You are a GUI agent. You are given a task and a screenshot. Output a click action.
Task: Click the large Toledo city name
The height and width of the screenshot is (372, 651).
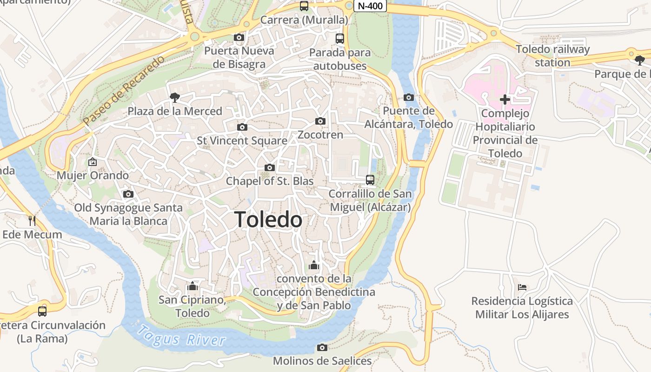268,219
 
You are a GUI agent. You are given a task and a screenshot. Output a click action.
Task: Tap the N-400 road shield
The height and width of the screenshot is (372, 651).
370,6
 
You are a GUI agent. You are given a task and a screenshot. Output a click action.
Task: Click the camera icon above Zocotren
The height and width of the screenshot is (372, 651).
320,121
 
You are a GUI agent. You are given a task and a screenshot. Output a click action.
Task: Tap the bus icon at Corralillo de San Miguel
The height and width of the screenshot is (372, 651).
370,179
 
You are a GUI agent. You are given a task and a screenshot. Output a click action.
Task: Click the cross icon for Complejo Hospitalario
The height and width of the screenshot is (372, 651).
505,99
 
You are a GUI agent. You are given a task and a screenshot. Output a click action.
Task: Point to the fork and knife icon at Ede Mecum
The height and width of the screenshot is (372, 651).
32,220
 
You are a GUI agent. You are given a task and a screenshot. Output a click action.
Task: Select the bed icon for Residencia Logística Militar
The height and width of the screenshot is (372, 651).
522,287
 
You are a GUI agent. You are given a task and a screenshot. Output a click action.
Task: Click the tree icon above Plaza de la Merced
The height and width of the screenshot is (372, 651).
175,97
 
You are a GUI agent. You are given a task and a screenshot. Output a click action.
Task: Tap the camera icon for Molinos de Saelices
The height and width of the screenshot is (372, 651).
322,347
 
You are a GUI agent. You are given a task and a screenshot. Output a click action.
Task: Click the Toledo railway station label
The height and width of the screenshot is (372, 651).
552,55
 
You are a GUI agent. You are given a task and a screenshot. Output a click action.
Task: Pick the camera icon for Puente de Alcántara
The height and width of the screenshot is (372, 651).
409,97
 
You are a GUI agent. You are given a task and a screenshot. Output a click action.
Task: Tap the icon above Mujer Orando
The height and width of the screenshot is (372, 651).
93,162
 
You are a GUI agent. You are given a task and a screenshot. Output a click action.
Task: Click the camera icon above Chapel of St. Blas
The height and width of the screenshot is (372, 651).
270,167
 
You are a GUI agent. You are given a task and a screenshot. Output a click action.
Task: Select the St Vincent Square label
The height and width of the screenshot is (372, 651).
242,140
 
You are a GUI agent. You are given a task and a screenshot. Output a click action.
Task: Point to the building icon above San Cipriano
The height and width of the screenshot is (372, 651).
193,286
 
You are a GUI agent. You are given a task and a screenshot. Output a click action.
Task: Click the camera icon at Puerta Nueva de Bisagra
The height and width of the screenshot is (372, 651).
239,37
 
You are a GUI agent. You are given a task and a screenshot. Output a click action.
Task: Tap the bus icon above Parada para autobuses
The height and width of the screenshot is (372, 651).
340,39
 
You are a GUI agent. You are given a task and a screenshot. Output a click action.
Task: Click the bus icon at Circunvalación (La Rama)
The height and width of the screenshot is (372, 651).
42,311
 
